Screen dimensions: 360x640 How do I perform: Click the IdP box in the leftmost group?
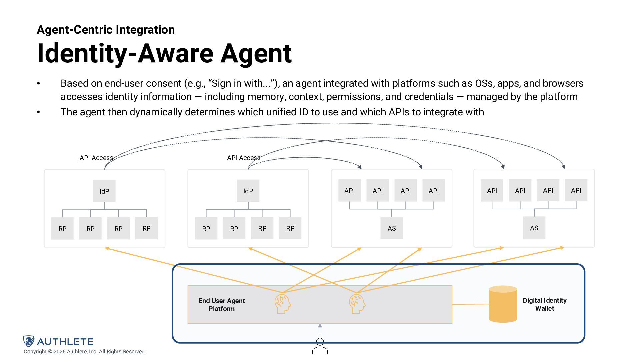(x=104, y=191)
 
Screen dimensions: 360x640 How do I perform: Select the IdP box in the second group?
(x=248, y=191)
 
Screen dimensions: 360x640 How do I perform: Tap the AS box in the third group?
(x=392, y=228)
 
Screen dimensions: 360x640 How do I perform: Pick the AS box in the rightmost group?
(x=534, y=228)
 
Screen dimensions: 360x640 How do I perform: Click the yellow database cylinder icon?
(x=503, y=304)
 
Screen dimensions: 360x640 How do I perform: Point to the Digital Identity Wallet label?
(x=544, y=304)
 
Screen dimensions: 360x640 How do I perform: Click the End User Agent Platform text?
(x=222, y=305)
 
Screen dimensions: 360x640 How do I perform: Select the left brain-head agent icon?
(x=283, y=303)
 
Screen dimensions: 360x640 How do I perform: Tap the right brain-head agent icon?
(x=357, y=303)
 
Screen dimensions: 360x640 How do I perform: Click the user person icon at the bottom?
(x=320, y=346)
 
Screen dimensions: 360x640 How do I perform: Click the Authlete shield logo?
(x=29, y=341)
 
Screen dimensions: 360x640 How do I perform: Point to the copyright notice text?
(x=85, y=352)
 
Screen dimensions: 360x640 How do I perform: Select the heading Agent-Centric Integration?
(x=106, y=30)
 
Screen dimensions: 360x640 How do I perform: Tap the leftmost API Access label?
(x=96, y=158)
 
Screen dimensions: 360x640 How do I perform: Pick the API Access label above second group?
(x=244, y=158)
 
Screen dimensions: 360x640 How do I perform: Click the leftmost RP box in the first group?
(x=62, y=228)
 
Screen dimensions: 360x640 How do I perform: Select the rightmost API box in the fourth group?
(x=576, y=190)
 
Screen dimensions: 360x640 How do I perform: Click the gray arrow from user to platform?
(x=320, y=329)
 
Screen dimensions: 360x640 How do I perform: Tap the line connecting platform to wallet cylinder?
(x=470, y=304)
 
